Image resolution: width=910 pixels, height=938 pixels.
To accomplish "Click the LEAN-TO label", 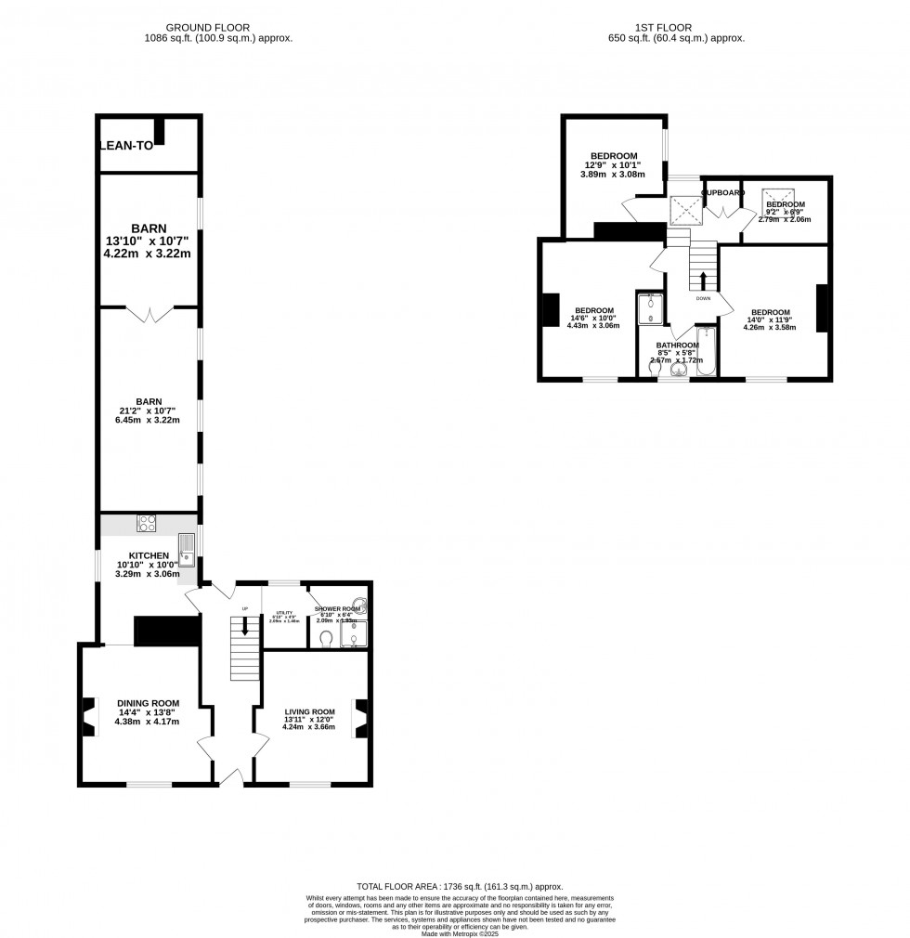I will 126,145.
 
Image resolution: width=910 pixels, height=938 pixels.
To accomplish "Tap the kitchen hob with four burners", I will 148,523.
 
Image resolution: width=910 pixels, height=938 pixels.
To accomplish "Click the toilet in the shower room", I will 325,639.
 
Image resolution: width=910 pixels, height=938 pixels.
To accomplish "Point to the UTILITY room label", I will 284,614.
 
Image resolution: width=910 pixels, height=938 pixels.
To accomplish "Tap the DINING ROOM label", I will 148,703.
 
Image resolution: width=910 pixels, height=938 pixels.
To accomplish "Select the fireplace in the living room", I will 359,717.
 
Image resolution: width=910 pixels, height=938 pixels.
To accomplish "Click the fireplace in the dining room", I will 88,716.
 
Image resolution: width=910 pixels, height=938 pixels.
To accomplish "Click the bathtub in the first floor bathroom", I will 705,352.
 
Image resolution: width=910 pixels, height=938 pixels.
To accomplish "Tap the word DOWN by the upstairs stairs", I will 703,299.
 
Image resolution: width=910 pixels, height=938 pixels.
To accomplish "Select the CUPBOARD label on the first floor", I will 722,192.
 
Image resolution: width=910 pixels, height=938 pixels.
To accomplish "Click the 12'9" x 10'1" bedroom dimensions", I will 614,165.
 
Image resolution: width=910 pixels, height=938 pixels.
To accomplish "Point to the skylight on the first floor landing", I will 686,211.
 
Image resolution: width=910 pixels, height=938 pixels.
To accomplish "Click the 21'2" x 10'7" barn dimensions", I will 149,411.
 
